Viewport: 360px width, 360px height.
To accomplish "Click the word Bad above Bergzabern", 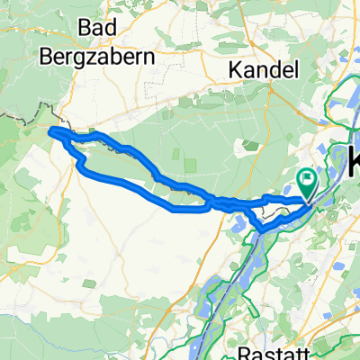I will tap(99, 29).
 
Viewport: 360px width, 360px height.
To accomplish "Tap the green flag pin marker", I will tap(307, 185).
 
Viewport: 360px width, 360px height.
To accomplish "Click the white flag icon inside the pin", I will tap(307, 181).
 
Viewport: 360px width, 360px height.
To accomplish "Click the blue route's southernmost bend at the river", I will tap(261, 229).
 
